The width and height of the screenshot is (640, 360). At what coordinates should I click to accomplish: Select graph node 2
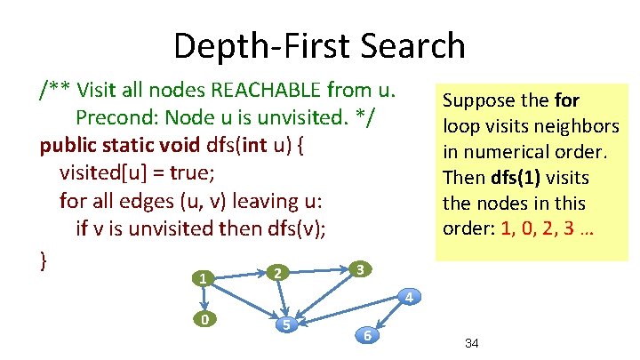(x=277, y=272)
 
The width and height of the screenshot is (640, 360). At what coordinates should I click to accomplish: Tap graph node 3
(x=356, y=268)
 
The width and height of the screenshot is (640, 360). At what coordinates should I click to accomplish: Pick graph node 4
(x=407, y=296)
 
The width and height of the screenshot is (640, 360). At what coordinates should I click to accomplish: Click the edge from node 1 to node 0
(x=204, y=300)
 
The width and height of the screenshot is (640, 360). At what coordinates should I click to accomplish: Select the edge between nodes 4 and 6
(x=388, y=316)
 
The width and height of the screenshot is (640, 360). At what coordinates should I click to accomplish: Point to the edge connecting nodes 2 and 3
(x=317, y=270)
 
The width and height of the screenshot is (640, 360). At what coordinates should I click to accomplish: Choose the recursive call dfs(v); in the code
(x=293, y=229)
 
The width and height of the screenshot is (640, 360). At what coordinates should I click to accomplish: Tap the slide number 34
(x=472, y=343)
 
